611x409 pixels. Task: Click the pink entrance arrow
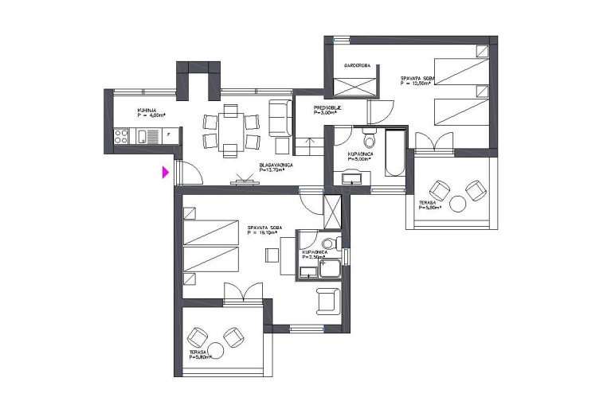[166, 172]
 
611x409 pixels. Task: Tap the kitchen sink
[151, 137]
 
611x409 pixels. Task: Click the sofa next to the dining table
[279, 118]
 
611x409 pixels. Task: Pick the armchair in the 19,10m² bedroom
[327, 301]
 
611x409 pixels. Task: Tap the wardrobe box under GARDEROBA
[350, 84]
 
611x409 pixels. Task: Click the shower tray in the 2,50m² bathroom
[329, 270]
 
